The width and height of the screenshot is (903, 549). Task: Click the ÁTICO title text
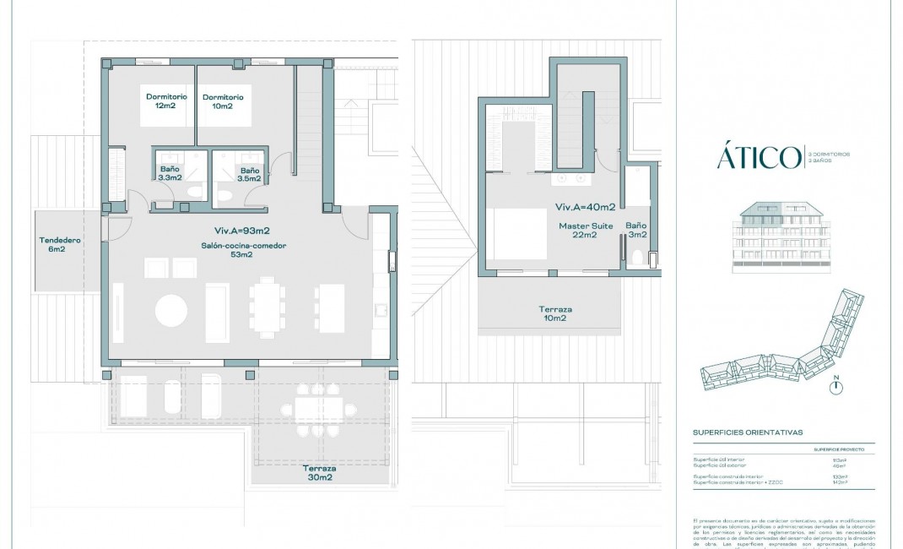point(759,157)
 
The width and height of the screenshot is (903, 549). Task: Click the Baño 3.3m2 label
point(170,174)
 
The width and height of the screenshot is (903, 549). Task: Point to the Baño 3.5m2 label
point(249,174)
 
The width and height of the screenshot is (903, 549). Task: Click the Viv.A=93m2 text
point(241,230)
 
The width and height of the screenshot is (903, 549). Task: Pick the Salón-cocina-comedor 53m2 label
point(243,250)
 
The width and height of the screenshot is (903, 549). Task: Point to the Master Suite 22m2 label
point(578,231)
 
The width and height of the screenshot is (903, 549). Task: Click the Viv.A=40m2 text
point(584,207)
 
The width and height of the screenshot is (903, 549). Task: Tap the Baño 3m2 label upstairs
point(635,231)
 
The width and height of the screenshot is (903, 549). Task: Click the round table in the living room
point(171,310)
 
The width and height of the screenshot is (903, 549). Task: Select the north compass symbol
point(836,387)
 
